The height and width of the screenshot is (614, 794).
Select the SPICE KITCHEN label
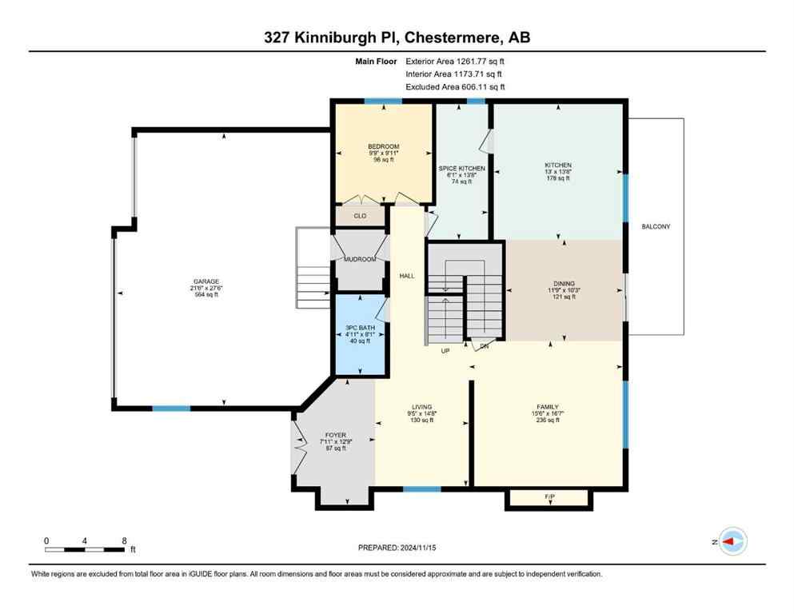pyautogui.click(x=462, y=169)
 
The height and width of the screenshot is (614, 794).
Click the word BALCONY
pyautogui.click(x=656, y=227)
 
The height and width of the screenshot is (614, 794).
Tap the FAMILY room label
pyautogui.click(x=548, y=406)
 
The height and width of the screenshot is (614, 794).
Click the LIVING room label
pyautogui.click(x=421, y=407)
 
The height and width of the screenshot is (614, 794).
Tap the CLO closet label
pyautogui.click(x=360, y=216)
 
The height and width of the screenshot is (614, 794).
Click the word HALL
pyautogui.click(x=406, y=275)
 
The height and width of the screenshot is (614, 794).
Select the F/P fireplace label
pyautogui.click(x=549, y=496)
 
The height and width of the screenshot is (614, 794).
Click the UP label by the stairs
pyautogui.click(x=446, y=350)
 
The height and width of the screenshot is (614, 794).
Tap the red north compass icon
pyautogui.click(x=731, y=541)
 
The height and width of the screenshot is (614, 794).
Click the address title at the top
pyautogui.click(x=397, y=38)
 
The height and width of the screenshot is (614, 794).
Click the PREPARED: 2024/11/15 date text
pyautogui.click(x=397, y=548)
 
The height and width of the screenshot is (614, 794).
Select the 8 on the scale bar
pyautogui.click(x=123, y=540)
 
